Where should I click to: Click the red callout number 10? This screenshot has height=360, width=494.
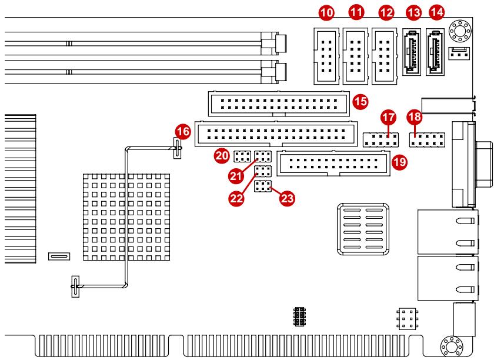(x=326, y=12)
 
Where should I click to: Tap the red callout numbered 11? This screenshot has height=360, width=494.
(x=356, y=12)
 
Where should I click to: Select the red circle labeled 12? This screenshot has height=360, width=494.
(x=386, y=12)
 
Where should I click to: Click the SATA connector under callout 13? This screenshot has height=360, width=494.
(x=412, y=52)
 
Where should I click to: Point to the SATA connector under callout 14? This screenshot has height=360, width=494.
(x=435, y=52)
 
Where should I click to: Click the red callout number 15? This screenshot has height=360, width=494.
(x=361, y=102)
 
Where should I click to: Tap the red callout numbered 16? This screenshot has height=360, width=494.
(x=183, y=131)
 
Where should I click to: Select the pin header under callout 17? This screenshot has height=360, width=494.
(x=380, y=140)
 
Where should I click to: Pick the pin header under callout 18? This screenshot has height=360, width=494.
(x=427, y=140)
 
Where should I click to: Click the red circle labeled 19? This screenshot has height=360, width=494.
(x=399, y=162)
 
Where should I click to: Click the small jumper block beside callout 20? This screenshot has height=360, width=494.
(x=242, y=156)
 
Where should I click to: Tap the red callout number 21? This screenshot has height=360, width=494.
(x=236, y=175)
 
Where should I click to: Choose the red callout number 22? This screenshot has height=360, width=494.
(x=236, y=198)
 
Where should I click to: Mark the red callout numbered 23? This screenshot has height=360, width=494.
(x=287, y=198)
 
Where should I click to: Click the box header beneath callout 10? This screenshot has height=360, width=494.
(x=326, y=56)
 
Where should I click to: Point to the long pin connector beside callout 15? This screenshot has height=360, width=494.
(x=279, y=104)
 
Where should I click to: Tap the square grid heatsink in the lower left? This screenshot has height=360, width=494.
(x=126, y=217)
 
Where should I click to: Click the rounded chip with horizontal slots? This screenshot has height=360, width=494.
(x=363, y=229)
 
